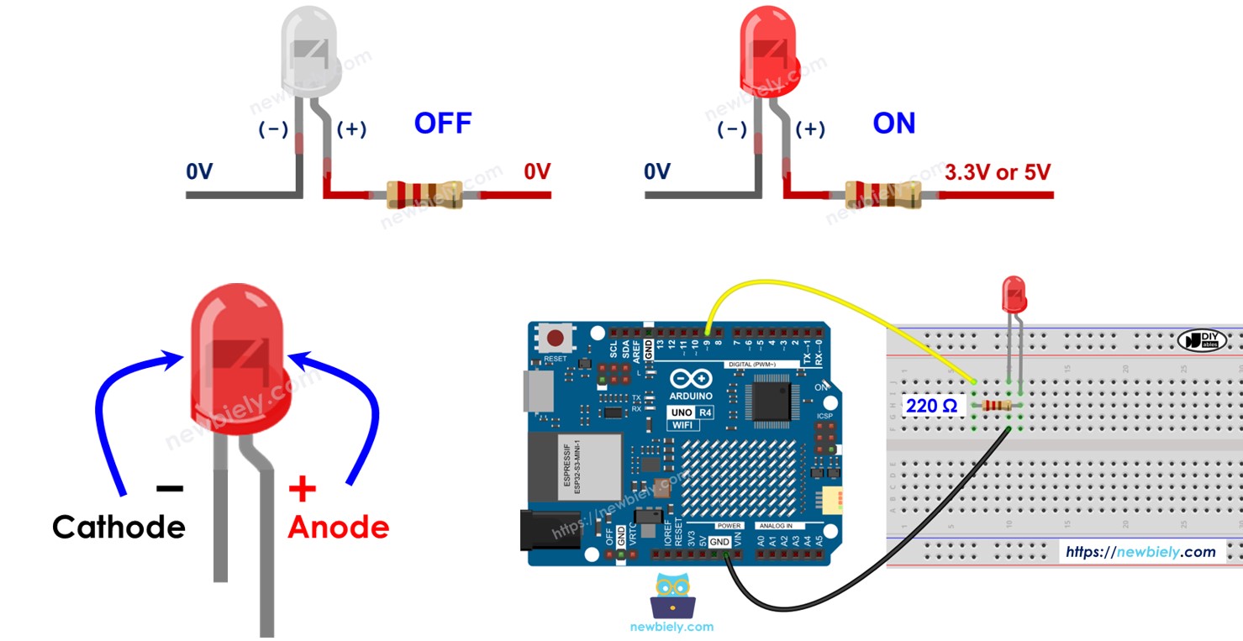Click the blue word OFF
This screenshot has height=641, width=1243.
tap(442, 123)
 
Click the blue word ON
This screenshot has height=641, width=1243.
tap(893, 123)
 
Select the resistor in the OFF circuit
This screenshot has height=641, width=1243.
tap(424, 194)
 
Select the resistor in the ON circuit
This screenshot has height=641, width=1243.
tap(882, 194)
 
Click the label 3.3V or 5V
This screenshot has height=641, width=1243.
tap(998, 172)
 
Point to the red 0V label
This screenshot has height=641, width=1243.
tap(536, 172)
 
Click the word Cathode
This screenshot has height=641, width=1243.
tap(119, 527)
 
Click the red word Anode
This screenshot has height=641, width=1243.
tap(339, 527)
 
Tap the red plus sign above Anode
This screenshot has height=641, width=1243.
tap(302, 488)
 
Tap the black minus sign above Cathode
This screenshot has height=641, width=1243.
tap(169, 488)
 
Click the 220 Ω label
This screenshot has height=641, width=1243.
tap(931, 406)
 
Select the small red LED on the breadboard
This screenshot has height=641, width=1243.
tap(1014, 295)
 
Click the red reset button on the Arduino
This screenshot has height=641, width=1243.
tap(556, 339)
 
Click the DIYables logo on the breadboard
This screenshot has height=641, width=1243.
tap(1203, 340)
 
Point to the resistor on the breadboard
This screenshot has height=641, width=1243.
tap(996, 406)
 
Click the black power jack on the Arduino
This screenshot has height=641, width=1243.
tap(546, 531)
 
